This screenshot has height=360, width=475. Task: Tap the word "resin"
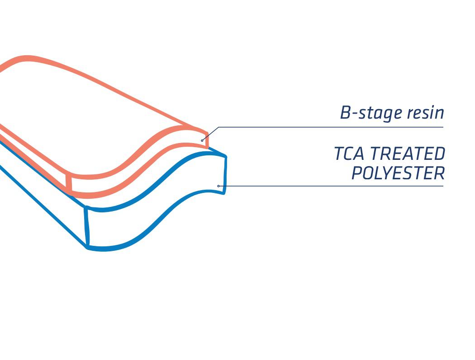coord(425,112)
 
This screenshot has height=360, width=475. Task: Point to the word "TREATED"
coord(408,154)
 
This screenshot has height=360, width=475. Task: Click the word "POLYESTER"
coord(398,173)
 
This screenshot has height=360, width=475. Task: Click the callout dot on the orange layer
coord(202,140)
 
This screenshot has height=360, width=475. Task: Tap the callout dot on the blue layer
coord(218,186)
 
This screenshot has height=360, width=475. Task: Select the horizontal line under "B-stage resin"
coord(331,127)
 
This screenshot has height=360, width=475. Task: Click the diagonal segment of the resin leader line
coord(210,134)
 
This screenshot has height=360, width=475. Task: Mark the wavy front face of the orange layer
coord(136,164)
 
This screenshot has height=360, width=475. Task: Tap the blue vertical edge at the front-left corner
coord(87,227)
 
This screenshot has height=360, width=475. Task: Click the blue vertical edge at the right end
coord(225,174)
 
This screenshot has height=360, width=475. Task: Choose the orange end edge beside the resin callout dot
coord(207,139)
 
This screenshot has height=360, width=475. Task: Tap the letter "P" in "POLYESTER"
coord(357,173)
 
